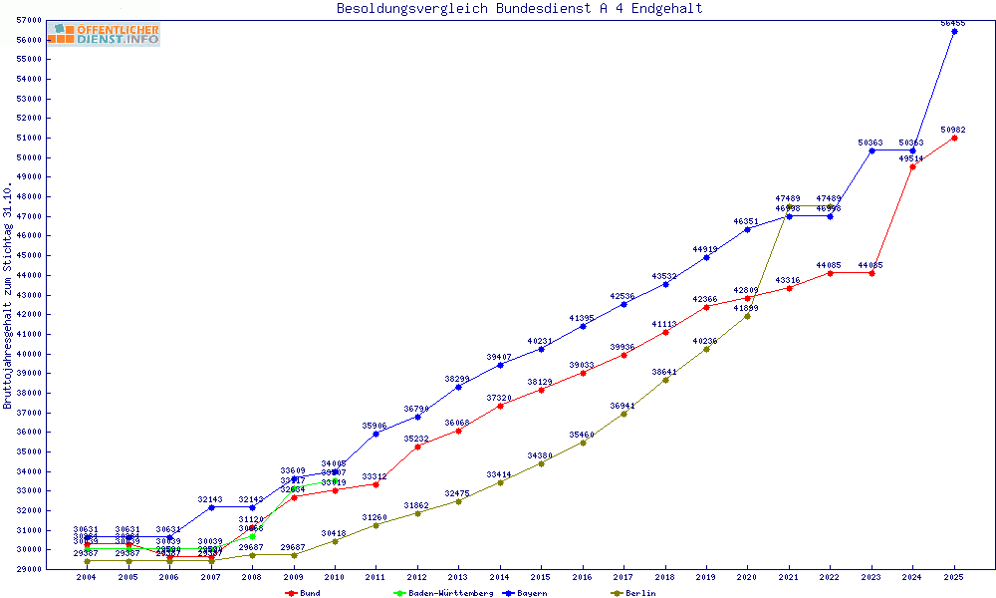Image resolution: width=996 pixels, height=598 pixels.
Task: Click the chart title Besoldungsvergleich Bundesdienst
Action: click(x=519, y=9)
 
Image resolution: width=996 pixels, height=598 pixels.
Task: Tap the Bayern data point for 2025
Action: click(x=954, y=31)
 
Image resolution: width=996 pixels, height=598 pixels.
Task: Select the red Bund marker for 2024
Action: click(x=912, y=166)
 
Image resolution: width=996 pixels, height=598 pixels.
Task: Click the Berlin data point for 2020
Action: click(x=747, y=316)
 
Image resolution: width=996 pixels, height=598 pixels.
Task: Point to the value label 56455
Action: click(x=953, y=22)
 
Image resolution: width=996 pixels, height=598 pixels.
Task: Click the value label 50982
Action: click(x=953, y=130)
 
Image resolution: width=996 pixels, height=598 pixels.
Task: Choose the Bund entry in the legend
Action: click(x=303, y=593)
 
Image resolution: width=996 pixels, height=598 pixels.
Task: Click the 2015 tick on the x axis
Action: click(x=541, y=577)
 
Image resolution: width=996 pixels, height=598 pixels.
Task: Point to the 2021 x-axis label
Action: click(x=789, y=577)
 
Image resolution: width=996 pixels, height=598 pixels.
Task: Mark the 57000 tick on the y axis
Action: click(x=29, y=20)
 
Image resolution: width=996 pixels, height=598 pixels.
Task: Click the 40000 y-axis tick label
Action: click(x=29, y=354)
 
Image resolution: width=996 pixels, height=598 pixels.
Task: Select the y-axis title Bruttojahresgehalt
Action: click(x=8, y=294)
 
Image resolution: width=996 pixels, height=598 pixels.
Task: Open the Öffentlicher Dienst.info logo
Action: click(x=104, y=34)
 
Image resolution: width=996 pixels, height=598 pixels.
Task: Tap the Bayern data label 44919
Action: click(x=705, y=249)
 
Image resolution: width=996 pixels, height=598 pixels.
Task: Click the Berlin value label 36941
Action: click(x=622, y=406)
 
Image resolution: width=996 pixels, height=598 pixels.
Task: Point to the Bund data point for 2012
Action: click(x=416, y=447)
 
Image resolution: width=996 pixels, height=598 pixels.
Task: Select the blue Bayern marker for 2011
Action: click(x=375, y=434)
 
